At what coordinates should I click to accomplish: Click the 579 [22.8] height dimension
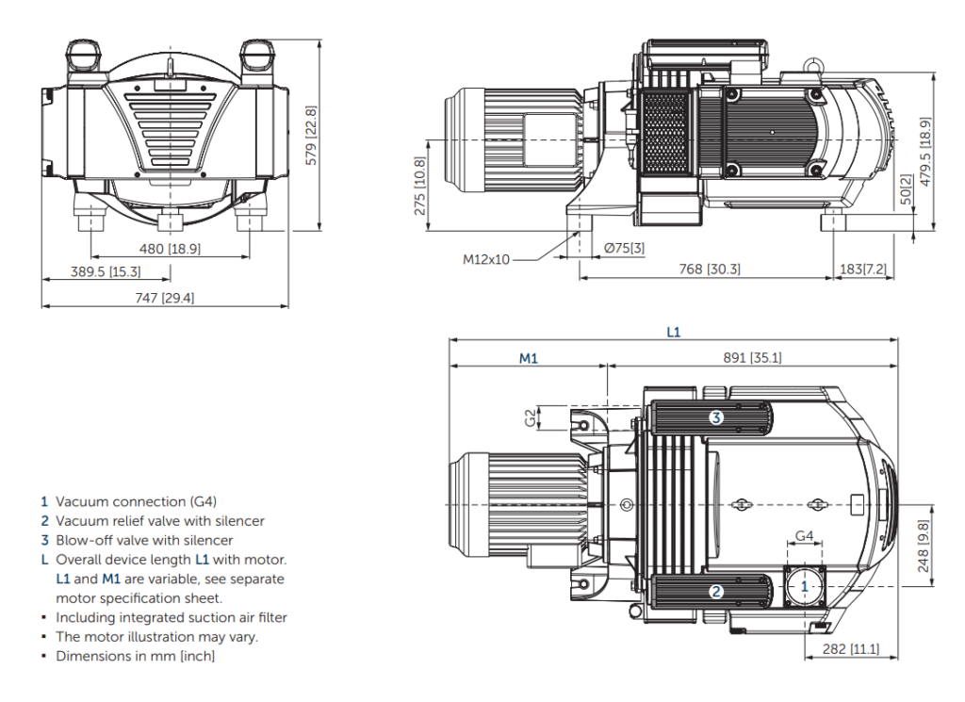(x=311, y=136)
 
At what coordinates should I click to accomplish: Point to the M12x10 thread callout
(x=486, y=259)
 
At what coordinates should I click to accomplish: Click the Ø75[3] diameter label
(x=624, y=249)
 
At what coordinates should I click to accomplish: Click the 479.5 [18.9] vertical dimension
(x=925, y=152)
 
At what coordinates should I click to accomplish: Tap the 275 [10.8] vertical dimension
(x=420, y=187)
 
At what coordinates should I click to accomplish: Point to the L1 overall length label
(x=673, y=332)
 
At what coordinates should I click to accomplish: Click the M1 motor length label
(x=529, y=358)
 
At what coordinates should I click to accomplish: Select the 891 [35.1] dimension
(x=751, y=358)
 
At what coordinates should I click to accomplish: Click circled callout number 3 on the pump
(x=716, y=417)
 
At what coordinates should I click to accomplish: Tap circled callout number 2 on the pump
(x=716, y=592)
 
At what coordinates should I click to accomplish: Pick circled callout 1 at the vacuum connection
(x=804, y=586)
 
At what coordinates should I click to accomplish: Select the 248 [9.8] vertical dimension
(x=923, y=547)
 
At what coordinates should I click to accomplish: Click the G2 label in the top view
(x=531, y=416)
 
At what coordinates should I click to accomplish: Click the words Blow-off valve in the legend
(x=100, y=540)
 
